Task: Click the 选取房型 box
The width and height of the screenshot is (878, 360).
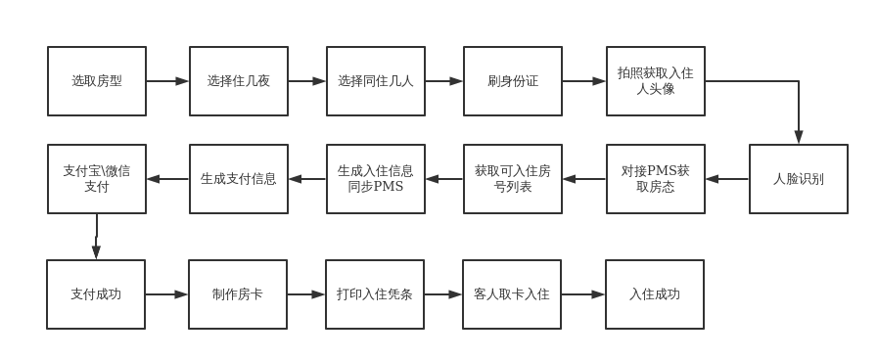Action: [97, 81]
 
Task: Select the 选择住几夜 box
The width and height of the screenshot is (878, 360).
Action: [239, 81]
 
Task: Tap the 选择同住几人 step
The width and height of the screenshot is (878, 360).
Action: [376, 81]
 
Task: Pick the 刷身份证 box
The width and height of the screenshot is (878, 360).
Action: [513, 81]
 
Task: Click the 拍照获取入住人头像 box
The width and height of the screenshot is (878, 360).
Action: [656, 81]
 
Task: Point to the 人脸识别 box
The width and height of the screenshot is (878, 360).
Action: [799, 179]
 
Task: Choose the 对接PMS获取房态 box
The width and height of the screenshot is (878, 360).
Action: [656, 179]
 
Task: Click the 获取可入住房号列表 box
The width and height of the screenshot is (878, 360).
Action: [513, 179]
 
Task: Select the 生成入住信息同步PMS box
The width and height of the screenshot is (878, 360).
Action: [376, 179]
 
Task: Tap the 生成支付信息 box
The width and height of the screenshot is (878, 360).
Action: [239, 179]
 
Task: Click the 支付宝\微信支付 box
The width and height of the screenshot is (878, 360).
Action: [97, 179]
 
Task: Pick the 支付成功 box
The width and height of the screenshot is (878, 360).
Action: [96, 294]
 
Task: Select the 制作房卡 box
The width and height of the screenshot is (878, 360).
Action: [238, 294]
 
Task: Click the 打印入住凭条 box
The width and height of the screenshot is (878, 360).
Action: [375, 294]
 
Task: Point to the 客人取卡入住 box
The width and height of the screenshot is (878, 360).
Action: [512, 294]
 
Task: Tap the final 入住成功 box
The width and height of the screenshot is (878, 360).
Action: [655, 294]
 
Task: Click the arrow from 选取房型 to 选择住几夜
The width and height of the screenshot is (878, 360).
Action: [167, 81]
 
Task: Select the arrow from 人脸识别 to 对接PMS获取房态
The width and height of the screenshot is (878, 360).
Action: [727, 179]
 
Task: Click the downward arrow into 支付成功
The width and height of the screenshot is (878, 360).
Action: [96, 237]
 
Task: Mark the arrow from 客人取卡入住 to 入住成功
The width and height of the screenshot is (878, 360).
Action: [583, 294]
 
